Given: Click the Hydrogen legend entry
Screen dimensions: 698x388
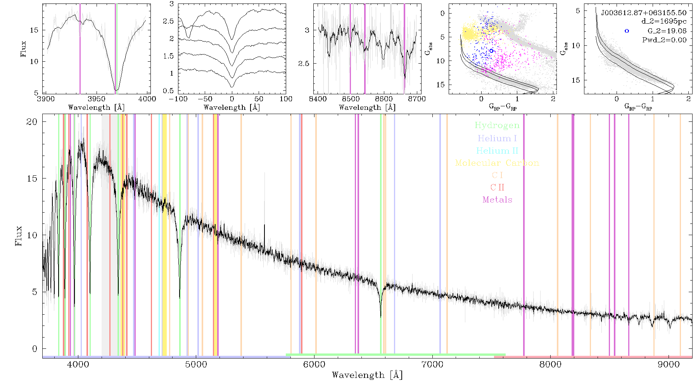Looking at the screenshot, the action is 497,125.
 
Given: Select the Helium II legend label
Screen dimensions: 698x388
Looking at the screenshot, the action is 497,151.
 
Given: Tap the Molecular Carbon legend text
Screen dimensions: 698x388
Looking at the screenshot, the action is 497,163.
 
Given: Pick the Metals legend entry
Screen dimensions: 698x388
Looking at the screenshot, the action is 498,200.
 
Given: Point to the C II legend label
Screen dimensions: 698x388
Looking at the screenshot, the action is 498,187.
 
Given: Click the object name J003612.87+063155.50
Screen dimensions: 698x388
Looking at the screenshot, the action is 644,13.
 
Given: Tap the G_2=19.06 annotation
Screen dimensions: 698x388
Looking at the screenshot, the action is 667,31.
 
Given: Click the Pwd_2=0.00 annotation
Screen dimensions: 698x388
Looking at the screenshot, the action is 664,40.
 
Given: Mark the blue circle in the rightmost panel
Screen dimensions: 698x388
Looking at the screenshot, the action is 627,31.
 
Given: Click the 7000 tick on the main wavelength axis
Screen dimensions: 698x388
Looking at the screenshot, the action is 432,365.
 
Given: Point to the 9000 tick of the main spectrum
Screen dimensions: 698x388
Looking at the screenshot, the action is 669,365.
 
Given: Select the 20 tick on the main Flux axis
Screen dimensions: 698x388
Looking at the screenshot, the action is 32,122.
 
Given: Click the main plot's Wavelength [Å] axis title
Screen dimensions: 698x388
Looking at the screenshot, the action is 367,375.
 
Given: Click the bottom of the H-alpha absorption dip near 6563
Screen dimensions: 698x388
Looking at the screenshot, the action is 380,317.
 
